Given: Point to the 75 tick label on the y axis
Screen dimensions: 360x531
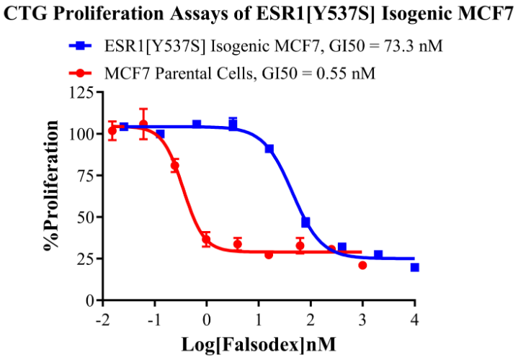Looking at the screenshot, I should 86,175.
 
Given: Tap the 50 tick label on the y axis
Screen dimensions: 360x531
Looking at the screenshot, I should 86,217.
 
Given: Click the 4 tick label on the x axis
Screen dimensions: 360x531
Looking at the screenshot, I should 414,318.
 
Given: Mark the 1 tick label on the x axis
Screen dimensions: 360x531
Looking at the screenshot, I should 259,318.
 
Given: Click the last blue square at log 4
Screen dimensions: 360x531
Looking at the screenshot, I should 414,267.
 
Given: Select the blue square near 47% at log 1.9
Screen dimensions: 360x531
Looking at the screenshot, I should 305,222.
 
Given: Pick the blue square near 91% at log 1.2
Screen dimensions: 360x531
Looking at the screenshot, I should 269,148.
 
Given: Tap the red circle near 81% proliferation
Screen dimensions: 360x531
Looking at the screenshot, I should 174,166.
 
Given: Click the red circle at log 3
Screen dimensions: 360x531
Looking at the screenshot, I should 362,266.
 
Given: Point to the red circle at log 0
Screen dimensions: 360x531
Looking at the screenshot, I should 206,239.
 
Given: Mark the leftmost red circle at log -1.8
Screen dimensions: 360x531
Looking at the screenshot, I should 112,130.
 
